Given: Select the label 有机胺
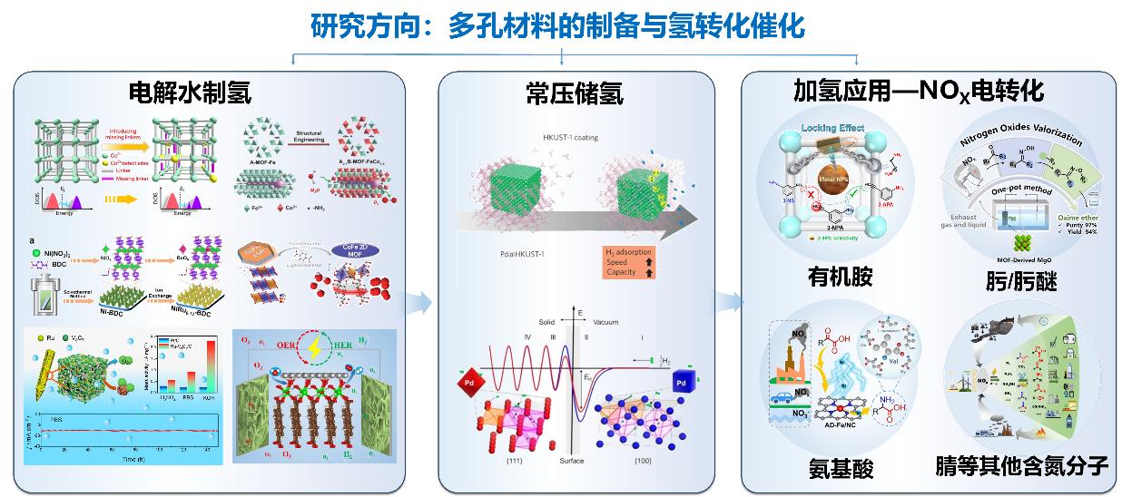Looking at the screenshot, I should (x=840, y=276).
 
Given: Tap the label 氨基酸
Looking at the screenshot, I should (x=841, y=468).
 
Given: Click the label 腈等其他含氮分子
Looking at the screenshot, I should (x=1021, y=468).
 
